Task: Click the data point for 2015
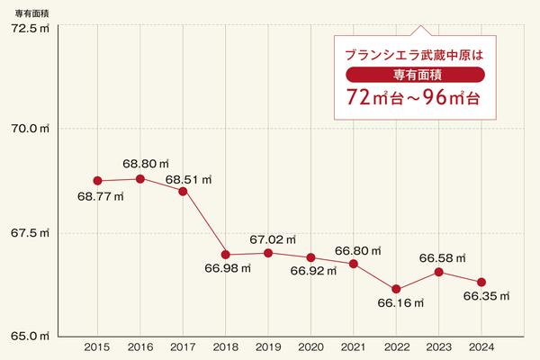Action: pos(98,181)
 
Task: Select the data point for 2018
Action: pos(226,255)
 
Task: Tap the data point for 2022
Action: pos(396,289)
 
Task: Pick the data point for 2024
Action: pos(481,283)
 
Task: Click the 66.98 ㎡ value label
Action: pos(227,269)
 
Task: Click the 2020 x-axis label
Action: pos(310,346)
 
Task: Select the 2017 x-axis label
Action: pos(183,346)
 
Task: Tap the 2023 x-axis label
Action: pos(438,346)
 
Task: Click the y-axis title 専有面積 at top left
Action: pos(29,11)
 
